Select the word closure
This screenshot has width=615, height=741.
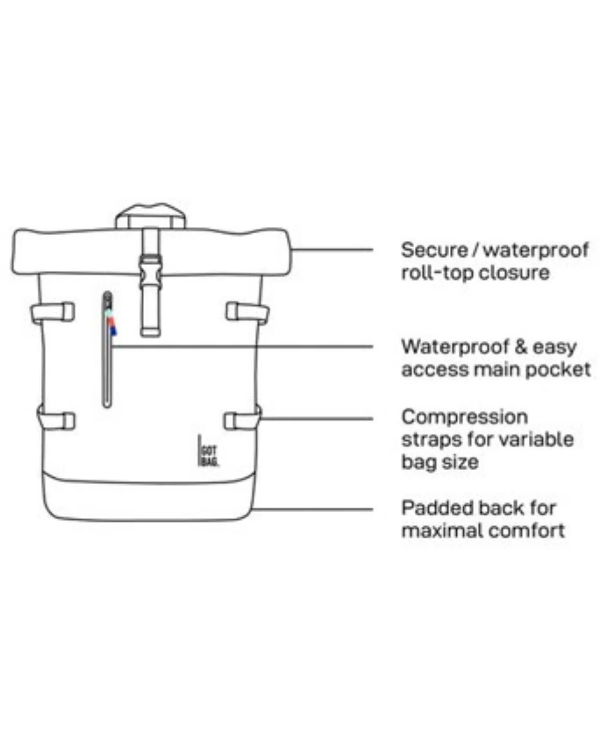(514, 273)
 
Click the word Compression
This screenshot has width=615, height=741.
(464, 417)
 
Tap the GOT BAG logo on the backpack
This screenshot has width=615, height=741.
(209, 450)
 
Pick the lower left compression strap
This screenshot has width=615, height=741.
(56, 421)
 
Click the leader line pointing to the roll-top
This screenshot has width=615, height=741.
(332, 250)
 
